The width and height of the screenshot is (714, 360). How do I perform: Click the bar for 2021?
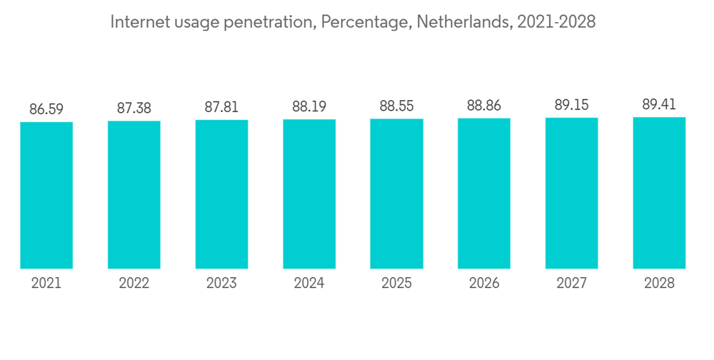[46, 195]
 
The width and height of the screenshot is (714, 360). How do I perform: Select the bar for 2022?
[134, 194]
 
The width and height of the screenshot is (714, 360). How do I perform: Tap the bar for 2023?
[221, 194]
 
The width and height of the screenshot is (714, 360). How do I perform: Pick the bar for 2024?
[309, 194]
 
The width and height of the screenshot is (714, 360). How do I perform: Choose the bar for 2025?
[396, 193]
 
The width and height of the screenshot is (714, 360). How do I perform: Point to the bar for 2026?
[484, 193]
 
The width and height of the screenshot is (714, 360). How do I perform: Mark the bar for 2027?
[572, 193]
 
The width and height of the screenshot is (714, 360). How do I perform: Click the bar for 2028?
[659, 192]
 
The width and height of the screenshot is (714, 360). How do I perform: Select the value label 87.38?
[134, 109]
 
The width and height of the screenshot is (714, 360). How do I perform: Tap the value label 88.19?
[309, 107]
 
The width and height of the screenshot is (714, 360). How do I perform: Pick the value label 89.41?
[659, 105]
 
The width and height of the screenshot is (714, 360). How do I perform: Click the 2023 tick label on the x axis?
[221, 284]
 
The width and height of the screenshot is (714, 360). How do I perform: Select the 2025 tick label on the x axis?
[396, 284]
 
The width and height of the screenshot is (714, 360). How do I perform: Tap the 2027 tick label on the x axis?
[572, 284]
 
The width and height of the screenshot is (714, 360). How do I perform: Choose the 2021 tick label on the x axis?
[46, 284]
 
